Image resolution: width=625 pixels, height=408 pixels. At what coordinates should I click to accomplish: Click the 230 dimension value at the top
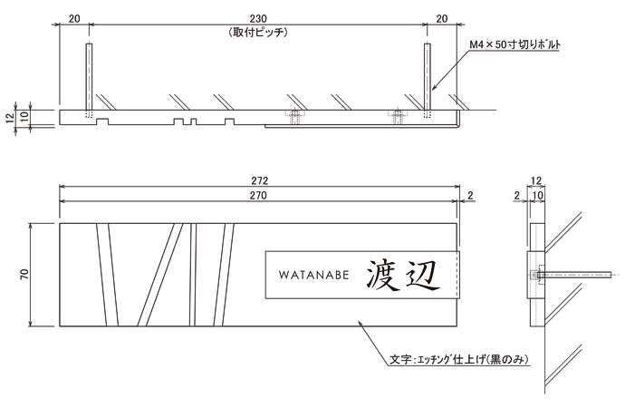258,17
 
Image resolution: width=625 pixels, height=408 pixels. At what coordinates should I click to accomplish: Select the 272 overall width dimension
258,181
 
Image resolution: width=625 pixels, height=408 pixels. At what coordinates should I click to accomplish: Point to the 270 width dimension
258,195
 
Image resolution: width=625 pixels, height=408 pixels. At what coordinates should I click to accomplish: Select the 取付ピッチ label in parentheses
258,32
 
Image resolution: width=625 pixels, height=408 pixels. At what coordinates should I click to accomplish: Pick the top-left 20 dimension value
74,17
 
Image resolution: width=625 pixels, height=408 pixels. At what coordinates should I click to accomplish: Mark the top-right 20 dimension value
442,17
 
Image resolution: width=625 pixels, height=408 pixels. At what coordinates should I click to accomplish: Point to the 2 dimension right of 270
473,195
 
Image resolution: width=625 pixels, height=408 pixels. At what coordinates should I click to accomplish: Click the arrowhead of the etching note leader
361,321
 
